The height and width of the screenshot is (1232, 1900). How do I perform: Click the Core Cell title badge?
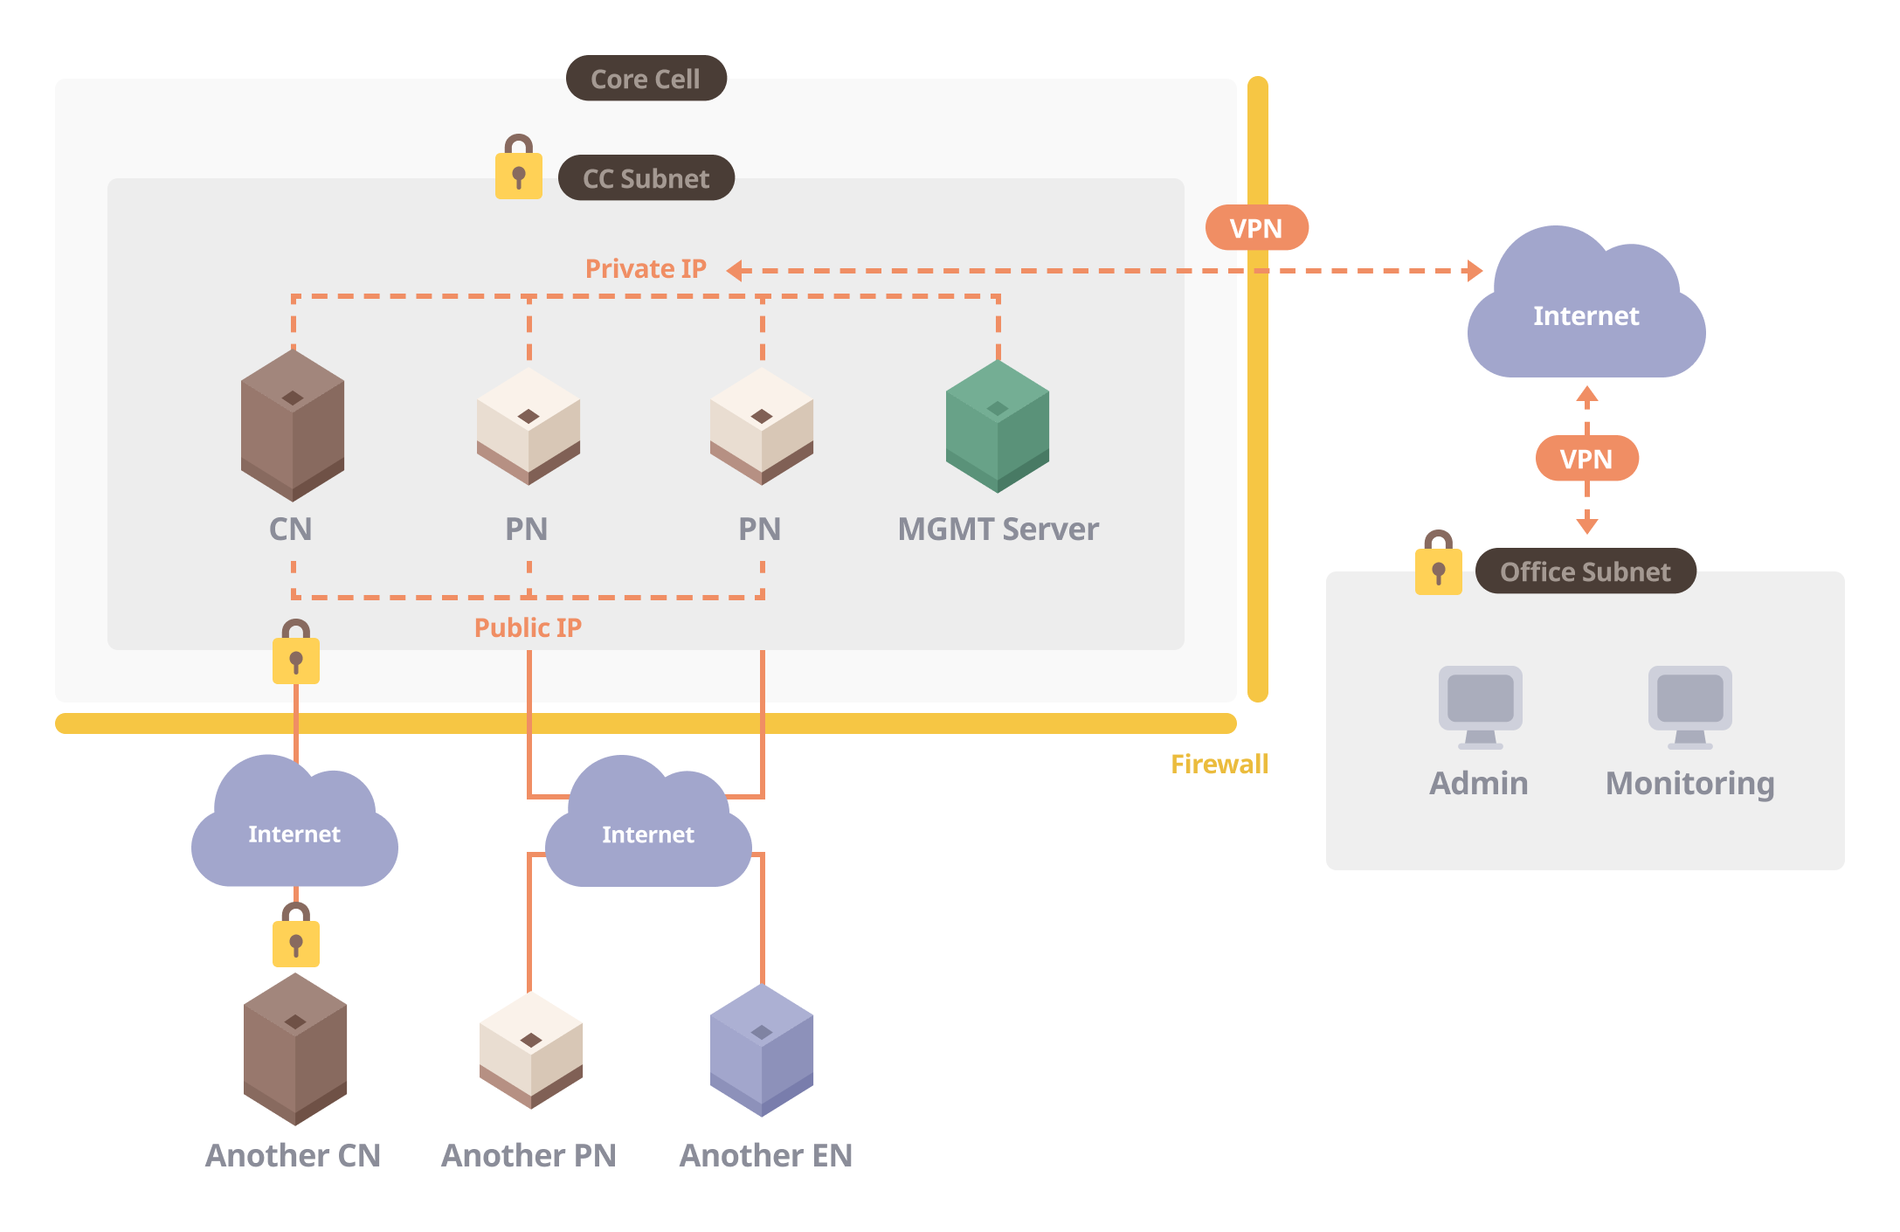[x=646, y=79]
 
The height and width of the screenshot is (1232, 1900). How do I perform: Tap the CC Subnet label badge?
[x=646, y=178]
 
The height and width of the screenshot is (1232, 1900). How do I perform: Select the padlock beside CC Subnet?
[x=519, y=170]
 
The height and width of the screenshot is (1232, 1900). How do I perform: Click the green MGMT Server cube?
[x=998, y=426]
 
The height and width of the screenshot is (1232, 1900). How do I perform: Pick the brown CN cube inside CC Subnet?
[x=293, y=426]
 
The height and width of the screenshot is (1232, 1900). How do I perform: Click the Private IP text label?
[x=646, y=269]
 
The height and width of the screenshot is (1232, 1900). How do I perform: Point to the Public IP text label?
[x=528, y=627]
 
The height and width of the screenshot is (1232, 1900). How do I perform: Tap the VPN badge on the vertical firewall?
[x=1256, y=228]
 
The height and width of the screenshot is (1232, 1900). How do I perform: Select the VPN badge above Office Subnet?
[x=1586, y=459]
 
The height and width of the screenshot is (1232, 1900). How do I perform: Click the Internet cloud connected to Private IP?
[x=1586, y=310]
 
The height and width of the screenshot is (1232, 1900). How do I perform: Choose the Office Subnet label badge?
[x=1586, y=571]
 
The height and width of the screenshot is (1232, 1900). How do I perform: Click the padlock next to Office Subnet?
[x=1439, y=565]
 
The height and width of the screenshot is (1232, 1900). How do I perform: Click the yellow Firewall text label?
[x=1219, y=765]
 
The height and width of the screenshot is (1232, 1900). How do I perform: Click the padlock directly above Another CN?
[x=296, y=938]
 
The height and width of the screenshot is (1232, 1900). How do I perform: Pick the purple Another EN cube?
[x=762, y=1050]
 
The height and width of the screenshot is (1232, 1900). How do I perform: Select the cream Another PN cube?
[x=530, y=1050]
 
